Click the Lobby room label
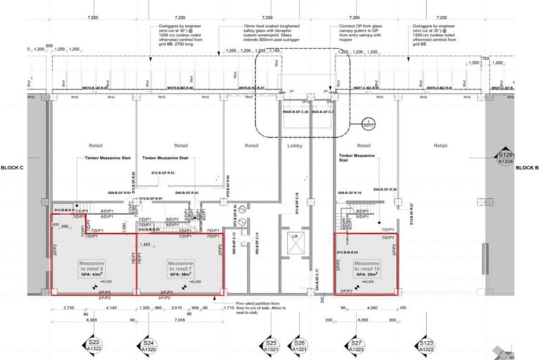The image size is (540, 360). (x=295, y=146)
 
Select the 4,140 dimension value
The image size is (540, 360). (x=111, y=308)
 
